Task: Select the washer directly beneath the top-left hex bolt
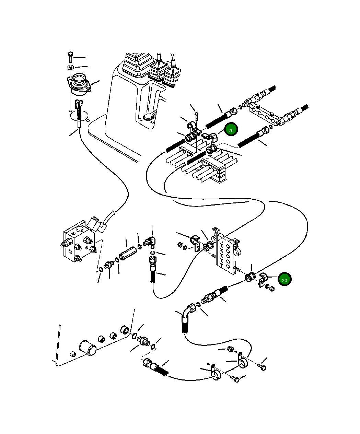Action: [70, 67]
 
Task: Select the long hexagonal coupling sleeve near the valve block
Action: [128, 254]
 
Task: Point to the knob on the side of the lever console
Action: [148, 117]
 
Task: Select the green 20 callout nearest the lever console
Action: [231, 130]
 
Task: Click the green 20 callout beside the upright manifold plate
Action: [284, 280]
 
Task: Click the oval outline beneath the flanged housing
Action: [79, 115]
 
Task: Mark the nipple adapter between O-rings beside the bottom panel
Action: [143, 341]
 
